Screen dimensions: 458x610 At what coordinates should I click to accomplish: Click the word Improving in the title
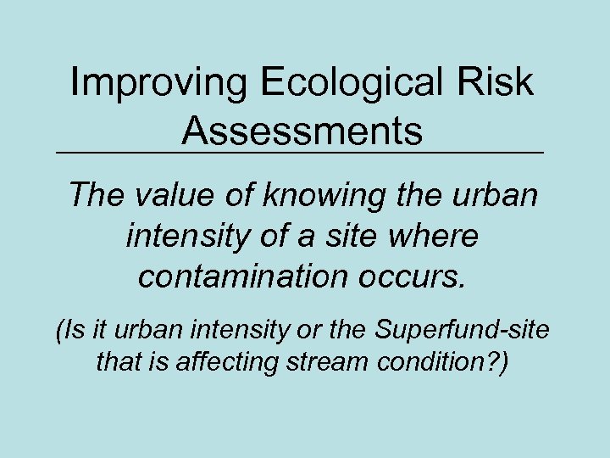(156, 83)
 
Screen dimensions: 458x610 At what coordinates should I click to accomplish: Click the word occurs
(423, 276)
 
